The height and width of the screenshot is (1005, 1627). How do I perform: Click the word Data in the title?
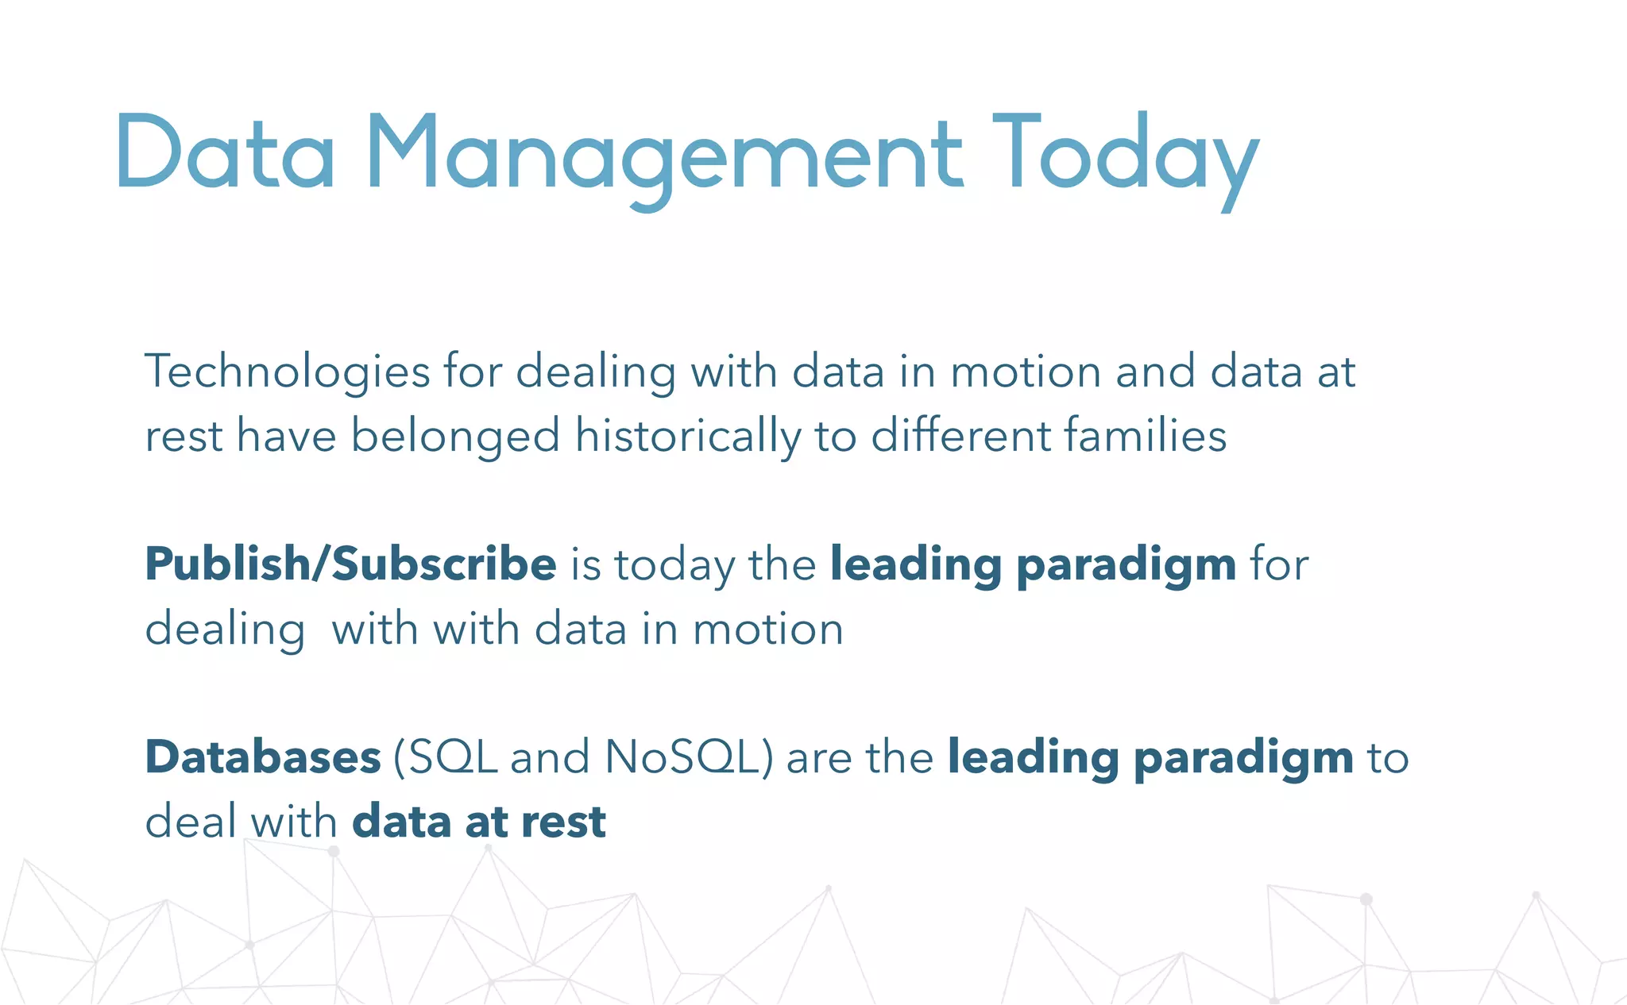(226, 152)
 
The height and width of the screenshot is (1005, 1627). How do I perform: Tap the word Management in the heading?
(665, 155)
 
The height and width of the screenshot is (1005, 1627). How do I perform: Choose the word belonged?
(455, 437)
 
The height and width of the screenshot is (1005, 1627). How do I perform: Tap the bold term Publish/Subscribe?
(350, 564)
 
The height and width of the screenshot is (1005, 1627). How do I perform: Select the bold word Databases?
(263, 757)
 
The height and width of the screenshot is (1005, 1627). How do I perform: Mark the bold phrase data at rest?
(479, 822)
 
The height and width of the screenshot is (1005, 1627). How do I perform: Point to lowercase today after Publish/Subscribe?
(674, 566)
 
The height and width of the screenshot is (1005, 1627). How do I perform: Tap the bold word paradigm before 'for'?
(1126, 566)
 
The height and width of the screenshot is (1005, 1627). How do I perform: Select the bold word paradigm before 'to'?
(1243, 758)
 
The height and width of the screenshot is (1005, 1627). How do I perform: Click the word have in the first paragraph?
(287, 437)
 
